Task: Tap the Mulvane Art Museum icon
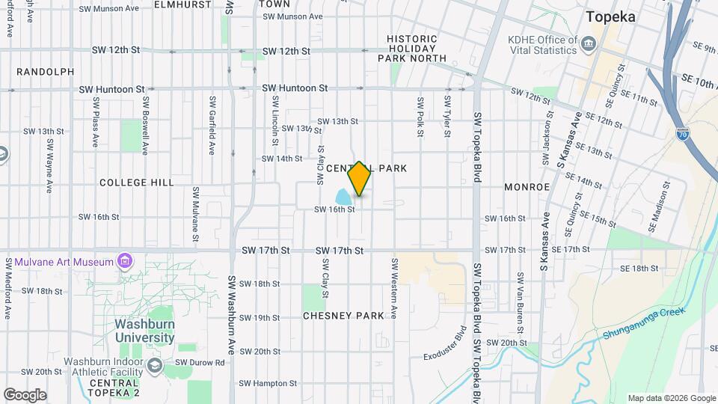[125, 261]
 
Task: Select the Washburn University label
[145, 331]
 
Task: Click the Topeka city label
[611, 16]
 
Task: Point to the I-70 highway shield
[682, 133]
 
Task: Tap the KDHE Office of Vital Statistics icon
[588, 43]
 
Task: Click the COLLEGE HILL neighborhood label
[136, 183]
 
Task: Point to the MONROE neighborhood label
[527, 186]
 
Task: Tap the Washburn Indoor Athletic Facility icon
[155, 365]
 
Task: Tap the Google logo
[24, 394]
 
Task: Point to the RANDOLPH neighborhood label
[46, 72]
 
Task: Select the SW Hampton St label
[252, 383]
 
